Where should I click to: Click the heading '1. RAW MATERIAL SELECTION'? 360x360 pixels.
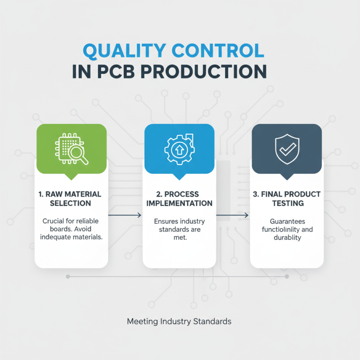click(71, 198)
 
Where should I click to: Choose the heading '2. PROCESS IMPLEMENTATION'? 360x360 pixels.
click(179, 198)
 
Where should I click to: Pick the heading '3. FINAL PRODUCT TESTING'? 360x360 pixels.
click(287, 198)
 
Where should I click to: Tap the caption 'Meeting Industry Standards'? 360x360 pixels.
click(179, 321)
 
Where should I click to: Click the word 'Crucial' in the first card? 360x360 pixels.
click(54, 221)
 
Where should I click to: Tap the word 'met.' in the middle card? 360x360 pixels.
click(179, 237)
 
